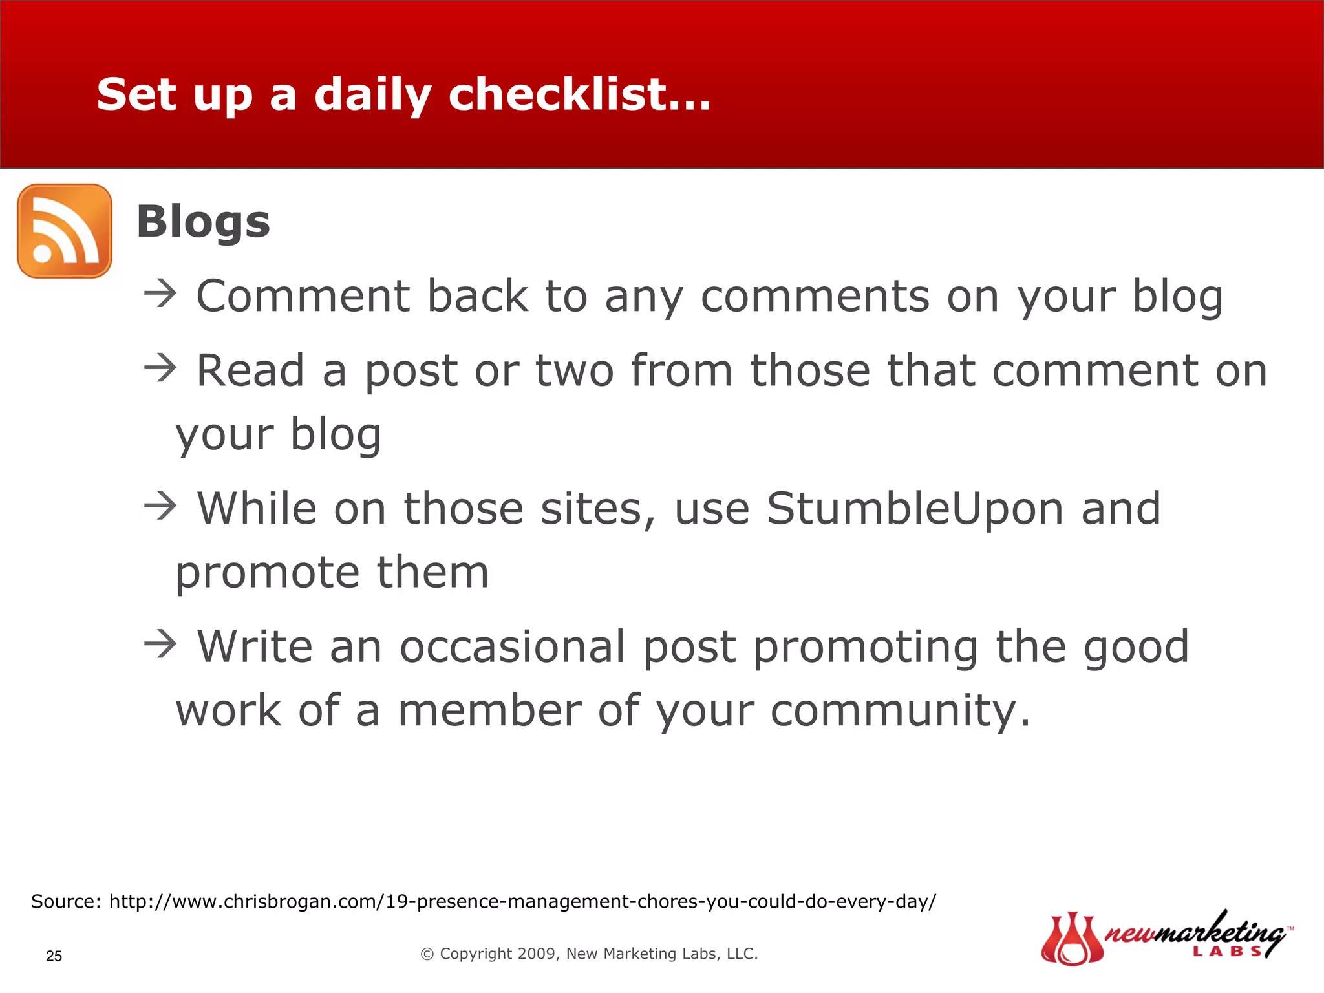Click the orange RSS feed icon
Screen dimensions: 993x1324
point(65,231)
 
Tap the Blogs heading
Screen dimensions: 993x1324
point(203,222)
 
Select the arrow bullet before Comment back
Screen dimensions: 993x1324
point(160,294)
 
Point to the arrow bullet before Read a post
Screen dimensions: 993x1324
point(160,368)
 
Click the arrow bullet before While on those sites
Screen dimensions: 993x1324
point(160,506)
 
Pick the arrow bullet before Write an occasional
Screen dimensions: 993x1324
point(160,645)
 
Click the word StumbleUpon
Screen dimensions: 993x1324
point(915,509)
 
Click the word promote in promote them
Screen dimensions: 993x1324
point(267,573)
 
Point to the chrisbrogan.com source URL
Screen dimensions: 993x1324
point(522,901)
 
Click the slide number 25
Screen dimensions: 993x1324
point(54,956)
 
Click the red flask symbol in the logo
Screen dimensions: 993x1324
point(1071,939)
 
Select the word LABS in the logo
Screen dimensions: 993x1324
point(1226,951)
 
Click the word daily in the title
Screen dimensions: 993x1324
point(372,95)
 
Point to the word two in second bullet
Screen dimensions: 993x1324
point(574,371)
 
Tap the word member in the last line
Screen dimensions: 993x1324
point(489,711)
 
